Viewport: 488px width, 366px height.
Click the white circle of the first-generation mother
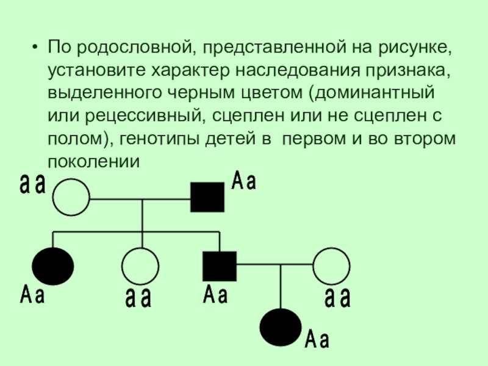pos(71,198)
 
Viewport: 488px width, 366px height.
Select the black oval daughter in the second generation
pos(53,266)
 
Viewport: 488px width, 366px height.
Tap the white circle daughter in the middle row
pos(140,266)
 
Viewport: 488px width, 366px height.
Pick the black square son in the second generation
pos(219,265)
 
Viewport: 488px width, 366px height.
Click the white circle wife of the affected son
pos(331,266)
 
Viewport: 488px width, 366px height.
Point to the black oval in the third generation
pos(280,327)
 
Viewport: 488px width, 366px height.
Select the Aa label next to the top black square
pos(243,181)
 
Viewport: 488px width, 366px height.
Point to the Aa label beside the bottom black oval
pos(317,339)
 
